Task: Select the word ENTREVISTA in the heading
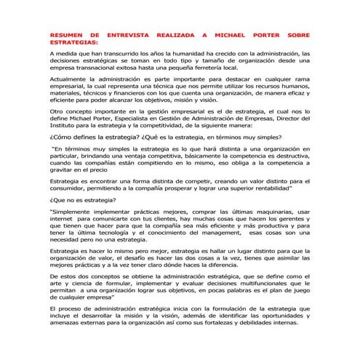(133, 34)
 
